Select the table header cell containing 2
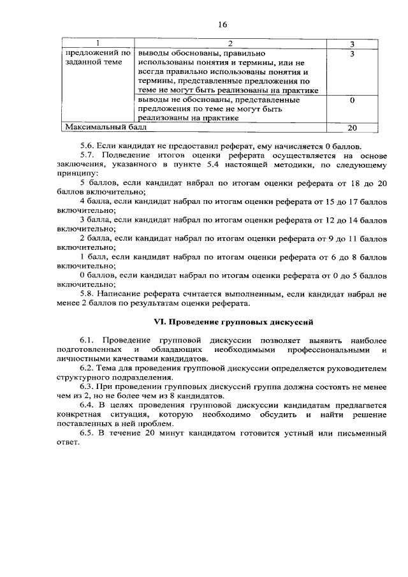230,43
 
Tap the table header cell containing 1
97,43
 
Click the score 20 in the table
352,128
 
